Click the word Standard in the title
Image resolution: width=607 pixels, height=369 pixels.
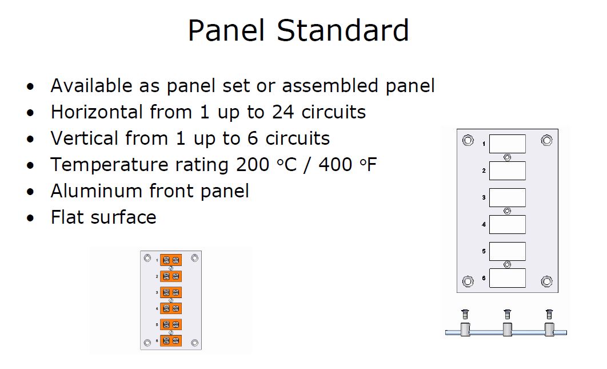tap(343, 30)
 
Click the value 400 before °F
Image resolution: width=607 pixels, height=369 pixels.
tap(336, 165)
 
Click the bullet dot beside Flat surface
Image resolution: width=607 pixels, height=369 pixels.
tap(30, 218)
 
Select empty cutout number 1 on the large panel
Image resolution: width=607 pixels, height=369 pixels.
tap(507, 144)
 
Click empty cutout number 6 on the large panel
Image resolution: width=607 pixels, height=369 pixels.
tap(507, 278)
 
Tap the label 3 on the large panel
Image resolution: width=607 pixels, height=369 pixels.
tap(484, 198)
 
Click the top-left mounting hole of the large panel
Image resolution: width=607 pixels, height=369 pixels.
tap(468, 140)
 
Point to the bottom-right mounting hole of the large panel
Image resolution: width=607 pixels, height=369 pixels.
tap(546, 281)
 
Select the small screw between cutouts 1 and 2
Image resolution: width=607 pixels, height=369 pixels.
tap(507, 157)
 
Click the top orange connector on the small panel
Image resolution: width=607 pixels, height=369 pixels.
tap(171, 260)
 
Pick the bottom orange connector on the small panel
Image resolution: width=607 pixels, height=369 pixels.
tap(171, 341)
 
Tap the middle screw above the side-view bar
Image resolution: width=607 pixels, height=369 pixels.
tap(507, 314)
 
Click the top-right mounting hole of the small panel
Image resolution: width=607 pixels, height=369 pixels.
tap(195, 258)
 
